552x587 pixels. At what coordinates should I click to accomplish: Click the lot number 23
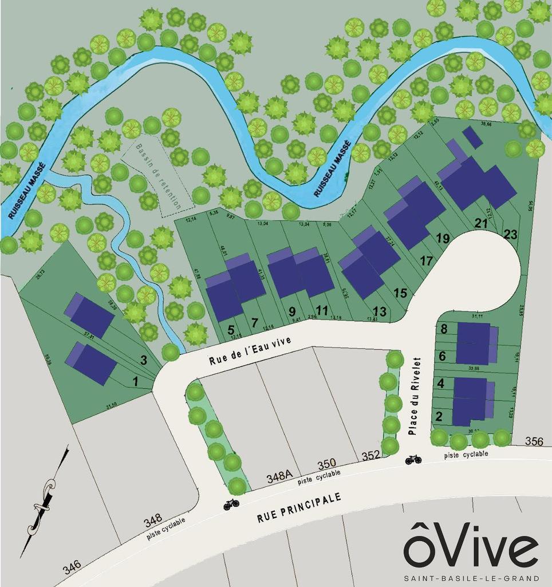click(510, 234)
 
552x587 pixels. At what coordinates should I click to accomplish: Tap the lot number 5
click(231, 330)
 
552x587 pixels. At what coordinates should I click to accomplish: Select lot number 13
click(379, 311)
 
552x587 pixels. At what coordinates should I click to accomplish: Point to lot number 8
click(443, 329)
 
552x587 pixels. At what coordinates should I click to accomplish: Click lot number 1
click(136, 381)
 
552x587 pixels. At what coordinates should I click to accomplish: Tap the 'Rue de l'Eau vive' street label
click(250, 350)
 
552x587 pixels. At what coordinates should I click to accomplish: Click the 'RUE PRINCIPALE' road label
click(299, 507)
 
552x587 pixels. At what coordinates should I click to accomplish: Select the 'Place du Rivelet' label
click(416, 396)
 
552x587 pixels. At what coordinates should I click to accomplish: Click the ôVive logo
click(471, 543)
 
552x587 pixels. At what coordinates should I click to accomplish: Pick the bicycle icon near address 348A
click(231, 504)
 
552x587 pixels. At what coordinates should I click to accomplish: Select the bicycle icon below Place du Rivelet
click(413, 459)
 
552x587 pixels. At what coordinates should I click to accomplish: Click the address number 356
click(534, 441)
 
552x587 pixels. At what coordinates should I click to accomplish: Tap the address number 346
click(72, 568)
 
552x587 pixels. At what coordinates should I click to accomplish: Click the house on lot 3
click(89, 315)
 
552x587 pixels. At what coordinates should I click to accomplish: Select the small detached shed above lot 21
click(472, 137)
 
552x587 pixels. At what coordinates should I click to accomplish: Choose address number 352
click(370, 456)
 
